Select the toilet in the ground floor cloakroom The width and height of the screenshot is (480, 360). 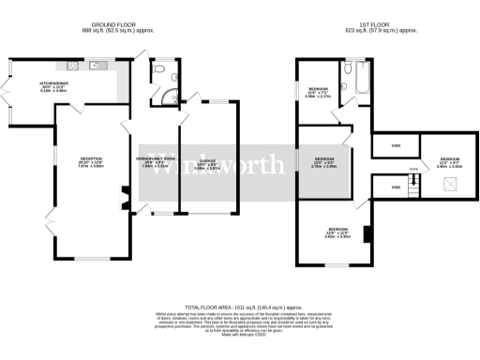tap(161, 70)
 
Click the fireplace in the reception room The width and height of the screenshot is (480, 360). tap(122, 198)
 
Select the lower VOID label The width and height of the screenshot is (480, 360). tap(395, 188)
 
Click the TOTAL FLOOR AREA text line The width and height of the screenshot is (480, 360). tap(240, 307)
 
